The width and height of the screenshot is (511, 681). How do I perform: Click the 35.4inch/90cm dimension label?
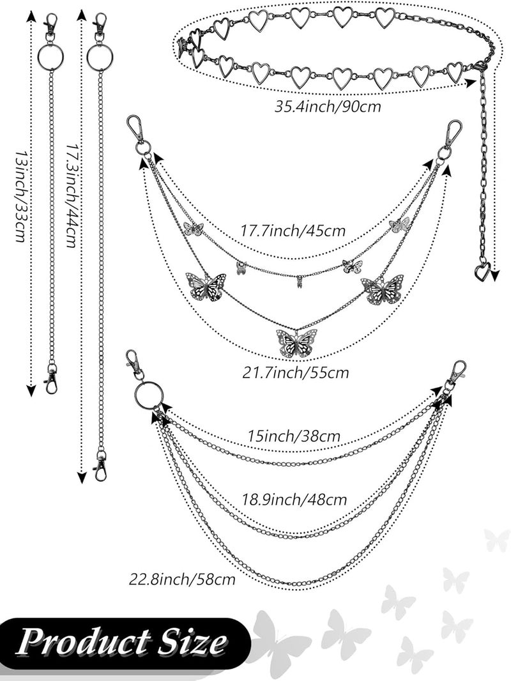pyautogui.click(x=328, y=107)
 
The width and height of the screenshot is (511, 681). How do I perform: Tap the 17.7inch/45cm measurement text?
pyautogui.click(x=293, y=230)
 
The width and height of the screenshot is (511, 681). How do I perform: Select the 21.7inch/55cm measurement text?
pyautogui.click(x=296, y=372)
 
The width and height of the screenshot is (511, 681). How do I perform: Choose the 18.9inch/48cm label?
pyautogui.click(x=294, y=500)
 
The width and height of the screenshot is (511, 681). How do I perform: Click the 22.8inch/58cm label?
pyautogui.click(x=182, y=579)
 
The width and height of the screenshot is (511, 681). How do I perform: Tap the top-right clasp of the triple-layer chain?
pyautogui.click(x=457, y=372)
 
